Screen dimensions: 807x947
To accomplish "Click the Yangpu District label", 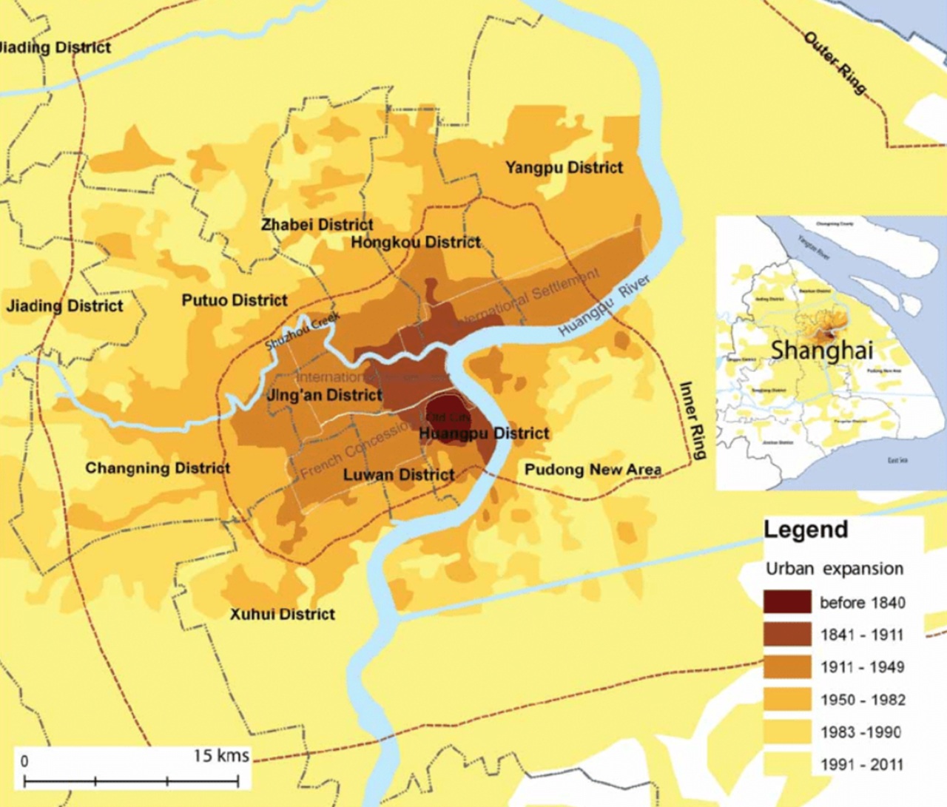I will tap(564, 168).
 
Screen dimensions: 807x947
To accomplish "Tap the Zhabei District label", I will tap(317, 224).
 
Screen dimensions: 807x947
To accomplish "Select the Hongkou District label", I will tap(416, 242).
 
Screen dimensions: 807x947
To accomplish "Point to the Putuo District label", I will tap(235, 300).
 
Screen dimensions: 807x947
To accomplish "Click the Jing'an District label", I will tap(324, 395).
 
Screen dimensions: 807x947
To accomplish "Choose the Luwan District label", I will tap(399, 475).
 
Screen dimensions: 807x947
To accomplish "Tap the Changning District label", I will tap(158, 468).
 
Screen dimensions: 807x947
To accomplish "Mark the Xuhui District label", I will tap(282, 614).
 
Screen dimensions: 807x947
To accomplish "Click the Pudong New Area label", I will tap(593, 470).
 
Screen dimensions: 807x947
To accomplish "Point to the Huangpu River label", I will tap(604, 305).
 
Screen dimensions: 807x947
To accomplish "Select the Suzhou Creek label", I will tap(303, 331).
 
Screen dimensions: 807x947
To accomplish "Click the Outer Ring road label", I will tap(835, 63).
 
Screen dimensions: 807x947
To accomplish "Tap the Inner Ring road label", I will tap(692, 420).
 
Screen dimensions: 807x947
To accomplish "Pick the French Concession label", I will tap(354, 450).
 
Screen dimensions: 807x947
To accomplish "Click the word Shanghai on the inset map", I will tap(821, 350).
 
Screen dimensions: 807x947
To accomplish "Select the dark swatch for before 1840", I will tap(787, 602).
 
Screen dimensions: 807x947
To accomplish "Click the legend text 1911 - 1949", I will tap(862, 667).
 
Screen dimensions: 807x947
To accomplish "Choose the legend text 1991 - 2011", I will tap(862, 764).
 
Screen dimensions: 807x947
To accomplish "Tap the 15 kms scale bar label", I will tap(221, 755).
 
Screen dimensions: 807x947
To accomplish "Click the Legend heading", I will tap(806, 530).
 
